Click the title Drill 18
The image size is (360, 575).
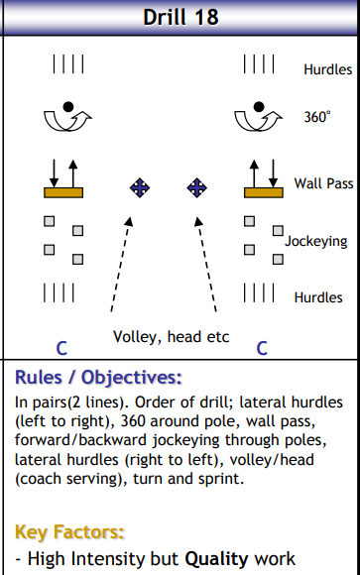tap(180, 17)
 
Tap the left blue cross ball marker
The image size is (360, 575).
tap(140, 186)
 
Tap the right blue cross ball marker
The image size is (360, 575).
tap(197, 186)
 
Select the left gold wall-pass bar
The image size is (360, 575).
tap(63, 189)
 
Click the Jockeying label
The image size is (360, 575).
tap(316, 241)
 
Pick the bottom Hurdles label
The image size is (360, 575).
tap(318, 297)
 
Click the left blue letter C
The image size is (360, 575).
tap(61, 348)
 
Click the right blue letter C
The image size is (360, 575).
tap(262, 348)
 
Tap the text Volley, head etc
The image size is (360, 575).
tap(171, 336)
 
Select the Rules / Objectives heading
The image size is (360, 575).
tap(98, 378)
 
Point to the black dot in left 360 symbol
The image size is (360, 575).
tap(67, 105)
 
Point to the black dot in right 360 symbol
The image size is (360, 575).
tap(263, 105)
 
